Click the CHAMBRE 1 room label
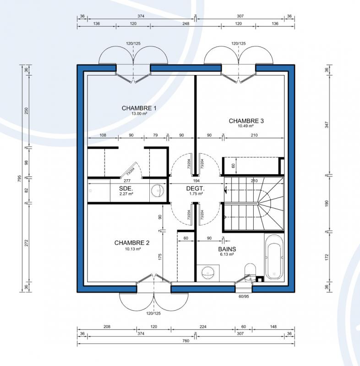tap(139, 108)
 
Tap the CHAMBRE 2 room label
tap(132, 243)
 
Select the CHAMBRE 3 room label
tap(246, 121)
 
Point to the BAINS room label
tap(227, 249)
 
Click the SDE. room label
tap(126, 188)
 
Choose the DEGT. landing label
tap(195, 188)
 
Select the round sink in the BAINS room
tap(207, 273)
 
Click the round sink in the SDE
tap(158, 190)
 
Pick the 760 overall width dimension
tap(185, 341)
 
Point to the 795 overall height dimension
tap(20, 178)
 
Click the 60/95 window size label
tap(244, 296)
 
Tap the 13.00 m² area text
tap(139, 113)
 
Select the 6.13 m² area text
tap(227, 254)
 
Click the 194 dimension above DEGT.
tap(196, 181)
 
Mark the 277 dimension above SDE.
tap(127, 181)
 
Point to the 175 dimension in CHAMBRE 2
tap(160, 257)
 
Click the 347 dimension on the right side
tap(327, 124)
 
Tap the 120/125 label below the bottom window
tap(153, 313)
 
